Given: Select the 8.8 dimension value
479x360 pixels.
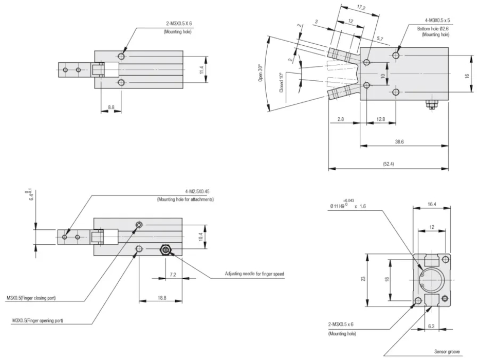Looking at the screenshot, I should [x=111, y=106].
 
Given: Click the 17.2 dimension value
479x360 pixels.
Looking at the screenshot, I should [x=361, y=8].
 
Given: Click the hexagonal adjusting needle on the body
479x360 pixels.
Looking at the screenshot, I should [x=165, y=250].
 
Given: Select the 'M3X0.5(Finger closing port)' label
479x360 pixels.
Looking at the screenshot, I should [x=39, y=298].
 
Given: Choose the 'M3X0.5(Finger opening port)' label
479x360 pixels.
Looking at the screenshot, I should [x=38, y=321].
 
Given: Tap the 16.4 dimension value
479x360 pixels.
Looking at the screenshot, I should [x=432, y=204].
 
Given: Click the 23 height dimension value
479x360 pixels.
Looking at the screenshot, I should [x=363, y=278].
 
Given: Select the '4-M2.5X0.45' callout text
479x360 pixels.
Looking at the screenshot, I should [x=198, y=191].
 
